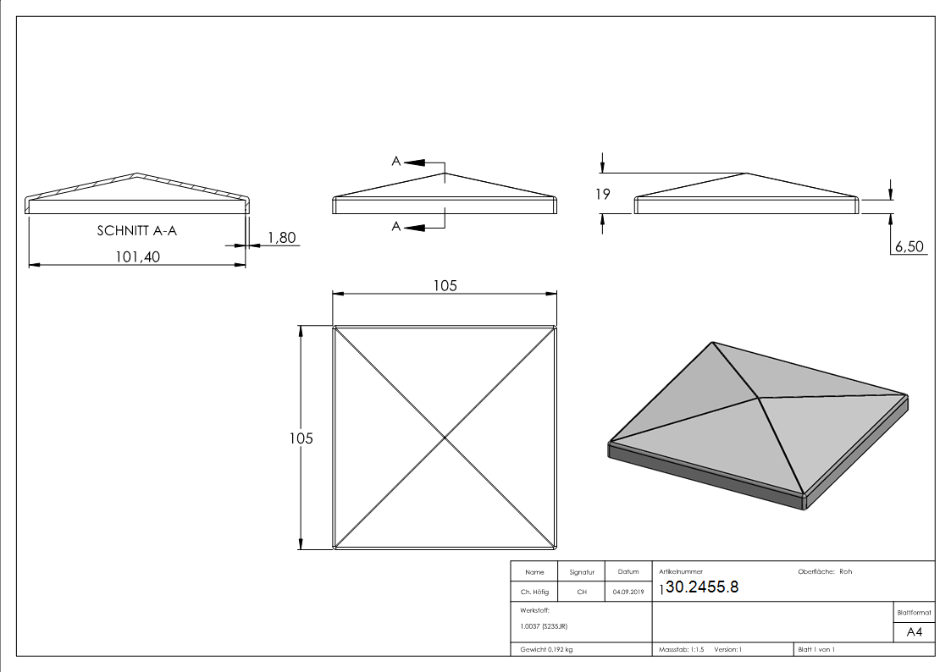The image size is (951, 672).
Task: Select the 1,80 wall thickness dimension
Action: (281, 238)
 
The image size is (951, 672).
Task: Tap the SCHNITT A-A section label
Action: (136, 229)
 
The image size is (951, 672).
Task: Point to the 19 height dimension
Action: (603, 194)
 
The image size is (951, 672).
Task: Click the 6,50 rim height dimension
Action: (908, 246)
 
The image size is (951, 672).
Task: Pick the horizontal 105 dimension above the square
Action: (445, 285)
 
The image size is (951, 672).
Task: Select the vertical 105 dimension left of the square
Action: (301, 438)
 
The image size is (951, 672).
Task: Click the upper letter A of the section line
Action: (395, 161)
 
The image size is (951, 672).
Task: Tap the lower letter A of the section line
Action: (395, 226)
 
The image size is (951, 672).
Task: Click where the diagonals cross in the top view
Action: (445, 437)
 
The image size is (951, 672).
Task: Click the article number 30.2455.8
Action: (702, 587)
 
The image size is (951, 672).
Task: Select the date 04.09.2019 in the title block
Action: (628, 592)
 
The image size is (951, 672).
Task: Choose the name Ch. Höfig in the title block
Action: (534, 592)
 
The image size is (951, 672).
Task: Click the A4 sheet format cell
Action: (915, 631)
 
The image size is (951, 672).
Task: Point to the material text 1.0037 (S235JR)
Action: (544, 625)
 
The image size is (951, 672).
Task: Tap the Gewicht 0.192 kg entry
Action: (546, 649)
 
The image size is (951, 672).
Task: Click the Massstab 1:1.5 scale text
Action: (682, 649)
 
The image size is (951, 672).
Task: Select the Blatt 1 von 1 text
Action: (816, 649)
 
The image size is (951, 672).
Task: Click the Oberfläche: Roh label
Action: (825, 571)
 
